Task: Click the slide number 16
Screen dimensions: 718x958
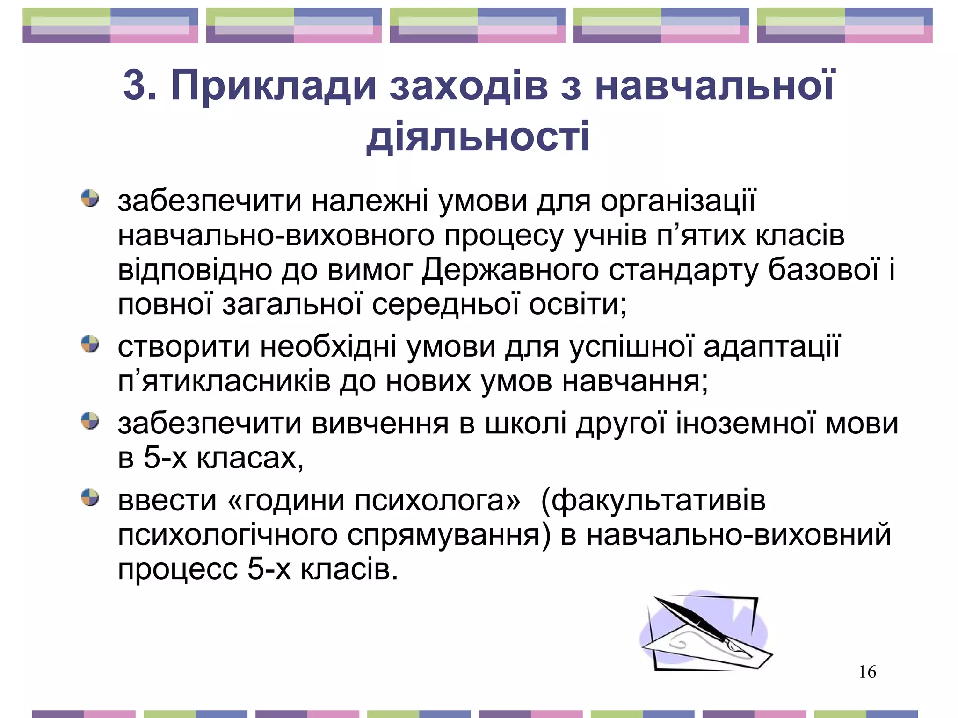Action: (x=867, y=672)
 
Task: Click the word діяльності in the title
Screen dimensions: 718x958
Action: (x=478, y=136)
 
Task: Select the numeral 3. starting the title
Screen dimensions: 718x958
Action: (x=140, y=86)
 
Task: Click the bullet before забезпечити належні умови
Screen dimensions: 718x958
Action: (x=90, y=198)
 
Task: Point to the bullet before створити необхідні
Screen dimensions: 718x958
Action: (x=90, y=345)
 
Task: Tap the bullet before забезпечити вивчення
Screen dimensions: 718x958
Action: (x=90, y=421)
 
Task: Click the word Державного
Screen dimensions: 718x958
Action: (x=510, y=271)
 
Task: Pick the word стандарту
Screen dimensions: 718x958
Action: (x=683, y=271)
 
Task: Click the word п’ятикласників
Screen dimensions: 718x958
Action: (x=224, y=381)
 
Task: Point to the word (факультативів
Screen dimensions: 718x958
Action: (x=653, y=501)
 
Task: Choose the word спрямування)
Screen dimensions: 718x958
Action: (x=449, y=535)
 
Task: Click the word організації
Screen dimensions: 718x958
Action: (x=678, y=201)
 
